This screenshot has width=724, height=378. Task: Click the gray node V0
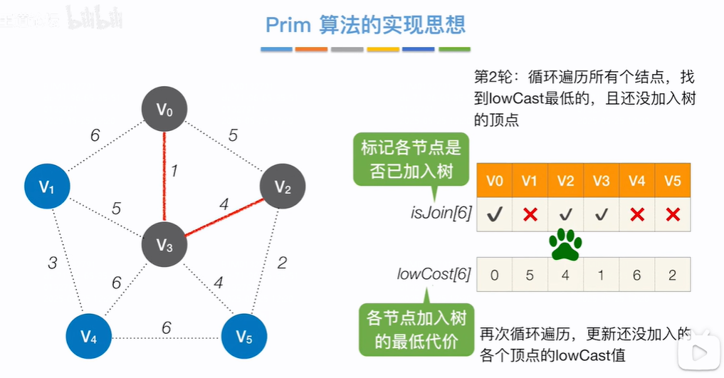coord(164,110)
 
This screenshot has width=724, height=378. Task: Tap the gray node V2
coord(283,188)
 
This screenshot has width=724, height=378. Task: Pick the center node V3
coord(164,246)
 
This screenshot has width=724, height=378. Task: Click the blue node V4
coord(88,335)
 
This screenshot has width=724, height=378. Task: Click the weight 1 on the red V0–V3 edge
coord(174,171)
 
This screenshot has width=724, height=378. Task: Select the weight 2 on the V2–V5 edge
coord(282,263)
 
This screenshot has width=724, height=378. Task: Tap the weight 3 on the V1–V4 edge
coord(52,263)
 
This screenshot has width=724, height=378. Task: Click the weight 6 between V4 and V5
coord(167,327)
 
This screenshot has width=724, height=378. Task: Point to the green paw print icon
coord(566,245)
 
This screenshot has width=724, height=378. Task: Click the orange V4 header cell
coord(637,181)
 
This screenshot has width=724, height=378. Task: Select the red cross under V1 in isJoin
coord(530,214)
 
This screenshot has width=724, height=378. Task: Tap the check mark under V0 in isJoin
coord(495,214)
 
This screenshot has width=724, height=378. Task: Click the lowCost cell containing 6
coord(637,275)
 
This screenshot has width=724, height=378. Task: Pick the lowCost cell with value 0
coord(495,275)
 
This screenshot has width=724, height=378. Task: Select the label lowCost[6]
coord(434,274)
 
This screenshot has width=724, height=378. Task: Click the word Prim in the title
coord(288,25)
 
